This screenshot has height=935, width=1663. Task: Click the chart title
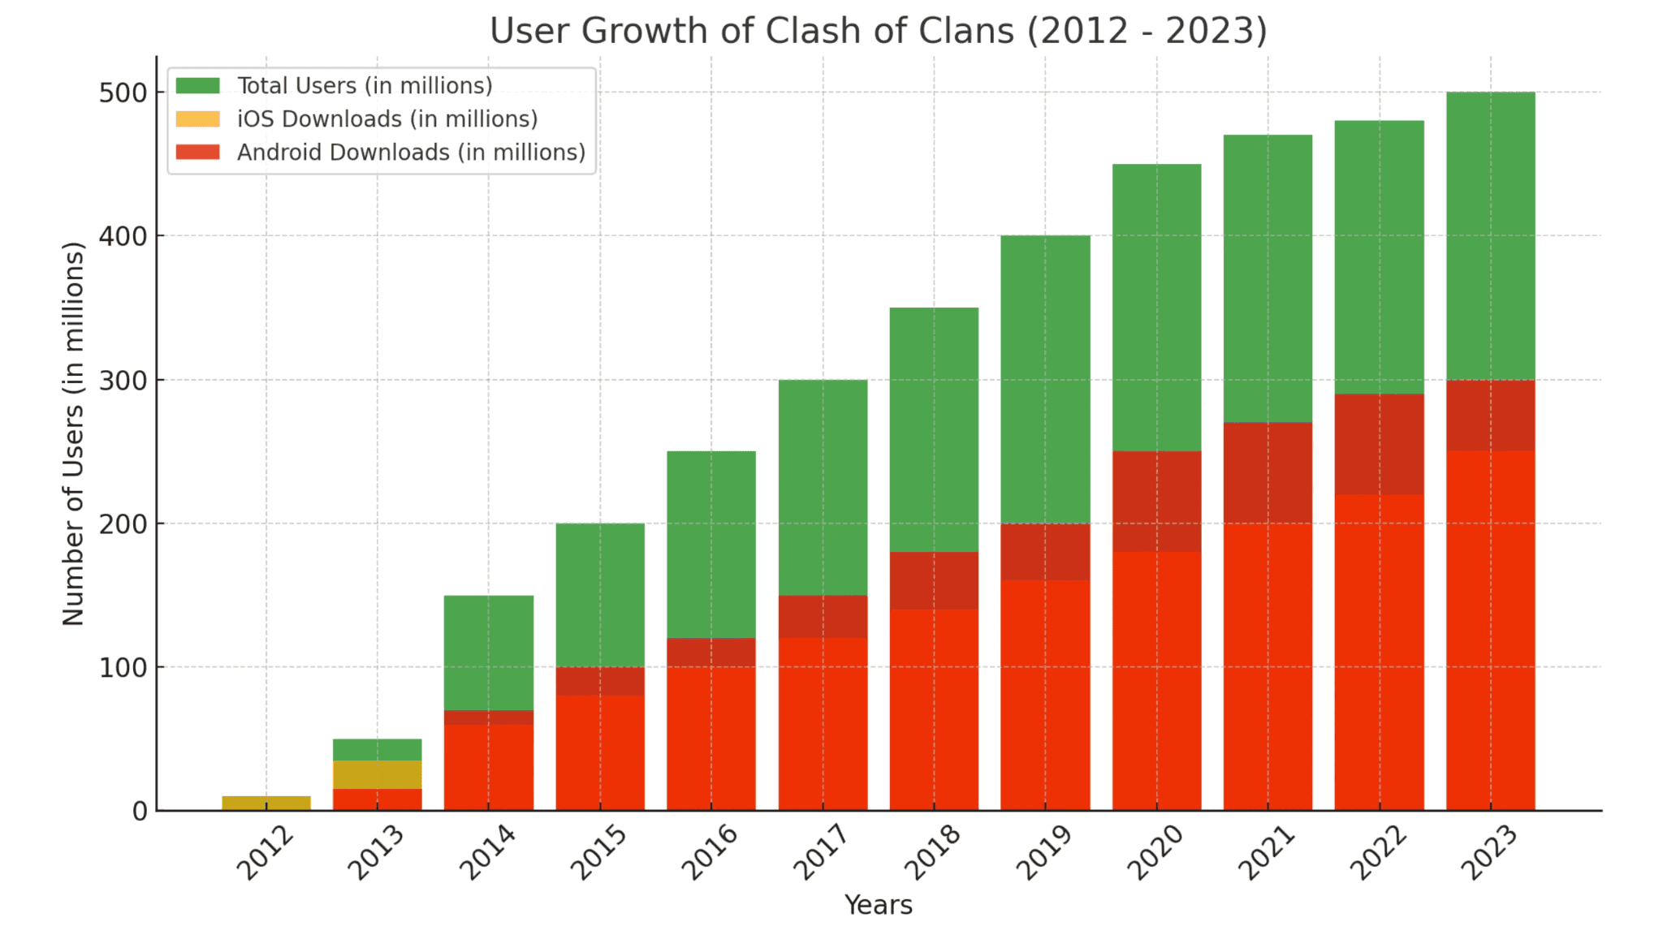click(x=878, y=31)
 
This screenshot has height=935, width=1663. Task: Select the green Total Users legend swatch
click(x=197, y=85)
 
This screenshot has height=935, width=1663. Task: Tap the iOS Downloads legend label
click(x=387, y=119)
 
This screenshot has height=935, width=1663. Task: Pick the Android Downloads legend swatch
click(x=197, y=152)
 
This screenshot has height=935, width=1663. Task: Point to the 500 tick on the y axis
click(x=123, y=93)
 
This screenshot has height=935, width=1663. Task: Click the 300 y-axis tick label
click(x=123, y=380)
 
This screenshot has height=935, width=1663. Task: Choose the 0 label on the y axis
click(x=140, y=811)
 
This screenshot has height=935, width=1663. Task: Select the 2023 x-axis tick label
click(x=1489, y=852)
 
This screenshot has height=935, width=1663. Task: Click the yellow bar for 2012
click(x=266, y=803)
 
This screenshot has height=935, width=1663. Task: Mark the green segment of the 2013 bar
click(x=378, y=749)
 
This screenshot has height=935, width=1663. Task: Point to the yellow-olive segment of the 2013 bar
click(x=378, y=774)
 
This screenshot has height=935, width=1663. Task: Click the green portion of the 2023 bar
click(x=1490, y=235)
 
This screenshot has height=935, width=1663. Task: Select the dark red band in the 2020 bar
click(x=1156, y=501)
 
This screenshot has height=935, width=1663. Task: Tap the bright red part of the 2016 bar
click(x=711, y=738)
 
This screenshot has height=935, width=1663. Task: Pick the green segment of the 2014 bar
click(x=489, y=653)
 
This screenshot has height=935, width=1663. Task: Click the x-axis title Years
click(x=878, y=905)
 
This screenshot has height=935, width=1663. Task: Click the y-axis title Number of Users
click(x=73, y=433)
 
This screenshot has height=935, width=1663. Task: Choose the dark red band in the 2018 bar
click(x=934, y=580)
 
